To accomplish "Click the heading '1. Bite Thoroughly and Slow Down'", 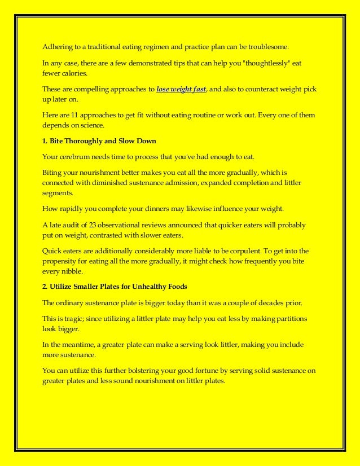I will tap(99, 140).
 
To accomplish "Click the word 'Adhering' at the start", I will tap(57, 46).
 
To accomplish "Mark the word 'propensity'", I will tap(62, 261).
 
